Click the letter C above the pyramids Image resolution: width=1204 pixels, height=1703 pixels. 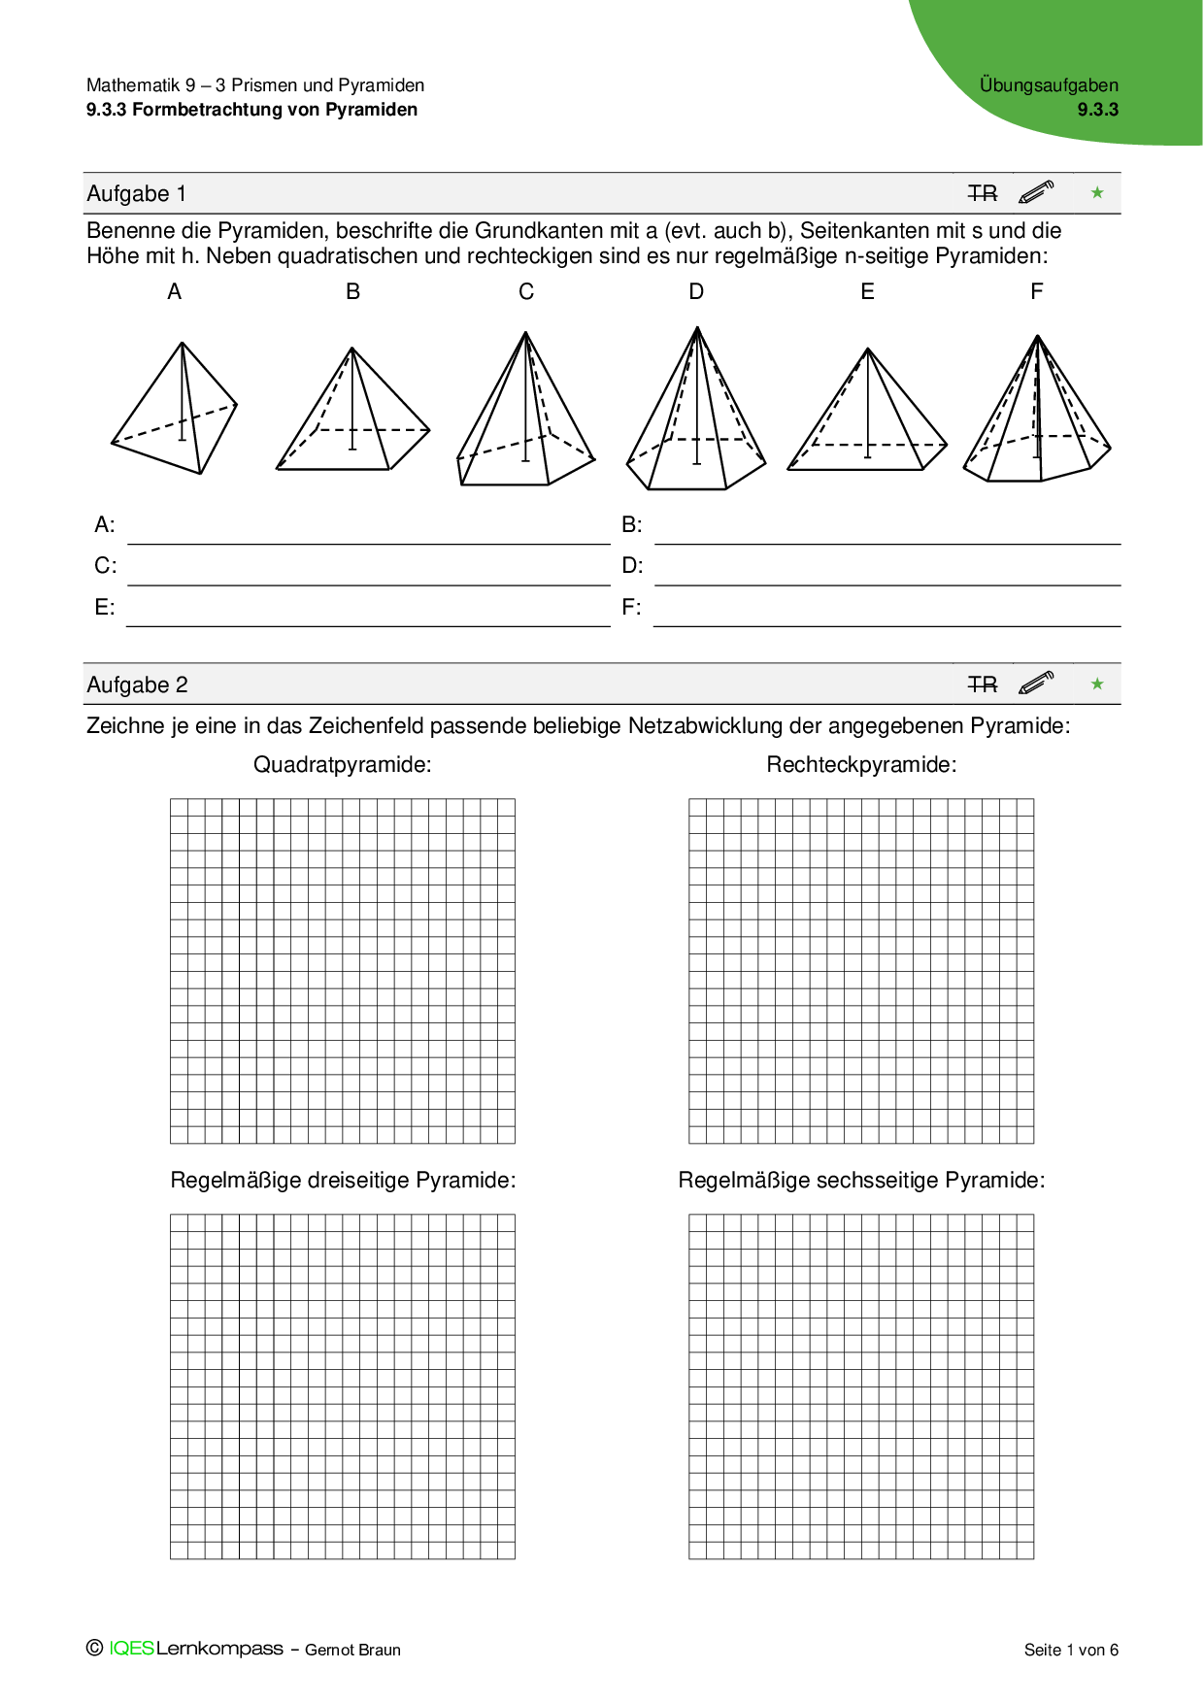coord(526,292)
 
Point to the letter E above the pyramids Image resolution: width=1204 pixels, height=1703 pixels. coord(867,292)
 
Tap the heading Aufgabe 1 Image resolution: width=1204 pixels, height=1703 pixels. coord(137,194)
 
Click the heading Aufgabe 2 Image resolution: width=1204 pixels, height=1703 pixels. coord(137,685)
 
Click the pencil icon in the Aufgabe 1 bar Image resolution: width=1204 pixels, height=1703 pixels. coord(1036,192)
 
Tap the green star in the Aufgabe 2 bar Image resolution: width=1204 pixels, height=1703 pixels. coord(1097,685)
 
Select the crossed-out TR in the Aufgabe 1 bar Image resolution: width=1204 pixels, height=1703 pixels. coord(983,194)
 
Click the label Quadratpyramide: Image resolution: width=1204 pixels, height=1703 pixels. coord(343,765)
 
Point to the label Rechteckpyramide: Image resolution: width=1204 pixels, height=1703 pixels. coord(861,765)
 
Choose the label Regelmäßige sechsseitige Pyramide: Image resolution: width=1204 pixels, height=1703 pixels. coord(861,1181)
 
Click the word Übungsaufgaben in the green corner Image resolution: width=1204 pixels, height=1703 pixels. coord(1049,85)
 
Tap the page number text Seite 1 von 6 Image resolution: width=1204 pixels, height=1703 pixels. coord(1071,1650)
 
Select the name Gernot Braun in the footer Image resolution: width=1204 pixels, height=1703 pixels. coord(352,1650)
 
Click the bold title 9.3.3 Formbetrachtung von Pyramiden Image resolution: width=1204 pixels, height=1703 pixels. coord(251,110)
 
